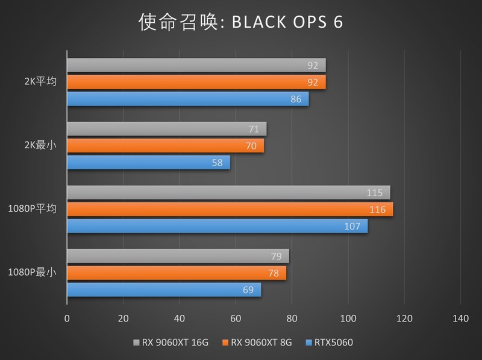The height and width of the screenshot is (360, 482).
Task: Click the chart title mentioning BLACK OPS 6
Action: pyautogui.click(x=240, y=22)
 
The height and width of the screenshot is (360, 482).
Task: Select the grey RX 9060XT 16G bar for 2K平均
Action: pyautogui.click(x=196, y=66)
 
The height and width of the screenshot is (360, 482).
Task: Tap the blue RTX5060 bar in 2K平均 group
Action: pyautogui.click(x=187, y=99)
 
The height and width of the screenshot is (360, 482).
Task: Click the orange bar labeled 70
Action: pyautogui.click(x=165, y=146)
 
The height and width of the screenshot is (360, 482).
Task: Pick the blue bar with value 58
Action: pyautogui.click(x=148, y=162)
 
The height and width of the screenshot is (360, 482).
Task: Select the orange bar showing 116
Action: pyautogui.click(x=229, y=209)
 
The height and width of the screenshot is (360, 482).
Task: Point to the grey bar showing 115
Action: pyautogui.click(x=228, y=193)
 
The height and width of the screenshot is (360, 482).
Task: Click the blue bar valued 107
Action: pyautogui.click(x=217, y=226)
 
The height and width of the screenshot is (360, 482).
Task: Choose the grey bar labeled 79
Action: pyautogui.click(x=177, y=256)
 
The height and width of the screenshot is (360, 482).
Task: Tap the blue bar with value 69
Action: pyautogui.click(x=163, y=290)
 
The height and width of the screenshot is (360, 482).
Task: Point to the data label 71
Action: pyautogui.click(x=254, y=129)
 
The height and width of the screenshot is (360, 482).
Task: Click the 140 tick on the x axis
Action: pyautogui.click(x=460, y=318)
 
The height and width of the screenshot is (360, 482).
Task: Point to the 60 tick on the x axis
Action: pyautogui.click(x=236, y=318)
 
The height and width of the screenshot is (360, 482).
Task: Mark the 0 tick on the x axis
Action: pyautogui.click(x=67, y=318)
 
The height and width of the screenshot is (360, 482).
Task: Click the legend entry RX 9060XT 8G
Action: pyautogui.click(x=261, y=343)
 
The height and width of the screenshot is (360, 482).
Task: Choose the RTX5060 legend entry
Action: pyautogui.click(x=333, y=343)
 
